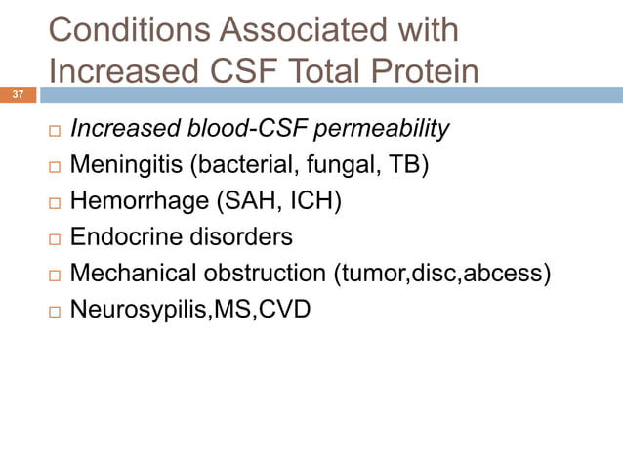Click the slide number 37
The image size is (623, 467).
(18, 95)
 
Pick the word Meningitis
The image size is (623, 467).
(125, 165)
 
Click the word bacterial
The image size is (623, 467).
(249, 165)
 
